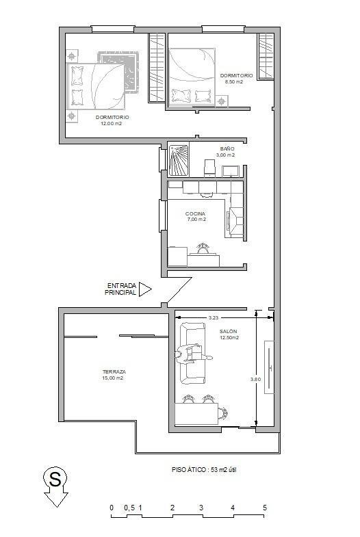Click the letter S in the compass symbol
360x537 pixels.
tap(55, 478)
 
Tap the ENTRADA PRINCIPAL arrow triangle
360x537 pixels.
tap(144, 289)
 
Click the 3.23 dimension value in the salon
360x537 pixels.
tap(213, 318)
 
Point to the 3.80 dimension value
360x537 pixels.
tap(255, 379)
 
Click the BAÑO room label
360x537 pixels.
tap(227, 148)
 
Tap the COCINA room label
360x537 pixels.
tap(195, 213)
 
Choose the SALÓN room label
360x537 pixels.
tap(229, 331)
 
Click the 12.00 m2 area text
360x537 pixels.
tap(111, 124)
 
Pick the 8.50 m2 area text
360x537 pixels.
tap(234, 82)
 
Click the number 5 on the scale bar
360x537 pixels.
tap(265, 508)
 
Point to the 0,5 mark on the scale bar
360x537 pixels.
tap(129, 508)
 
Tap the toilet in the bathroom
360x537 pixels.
tap(209, 168)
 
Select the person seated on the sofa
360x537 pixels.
tap(192, 355)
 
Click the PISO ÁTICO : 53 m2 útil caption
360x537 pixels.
tap(204, 469)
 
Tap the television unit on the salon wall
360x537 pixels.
tap(269, 367)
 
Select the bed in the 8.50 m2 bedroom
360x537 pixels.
tap(192, 77)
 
